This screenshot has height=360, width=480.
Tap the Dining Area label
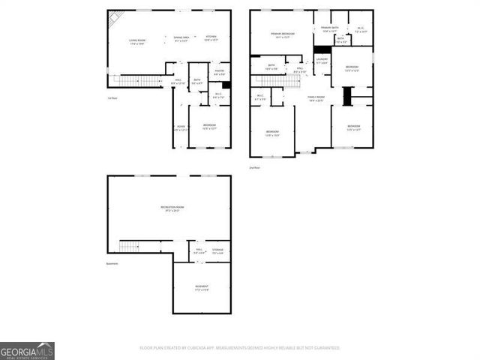pyautogui.click(x=181, y=39)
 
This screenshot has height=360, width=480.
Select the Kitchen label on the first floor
pyautogui.click(x=211, y=39)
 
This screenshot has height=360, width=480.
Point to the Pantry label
pyautogui.click(x=219, y=73)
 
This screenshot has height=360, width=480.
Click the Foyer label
pyautogui.click(x=181, y=128)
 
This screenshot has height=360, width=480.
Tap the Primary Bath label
pyautogui.click(x=331, y=30)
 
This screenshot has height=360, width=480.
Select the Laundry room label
pyautogui.click(x=322, y=60)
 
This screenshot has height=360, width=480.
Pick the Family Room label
pyautogui.click(x=315, y=98)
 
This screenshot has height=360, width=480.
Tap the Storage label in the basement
pyautogui.click(x=217, y=250)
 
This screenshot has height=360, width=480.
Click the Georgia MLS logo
pyautogui.click(x=27, y=350)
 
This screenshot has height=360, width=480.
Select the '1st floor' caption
pyautogui.click(x=112, y=98)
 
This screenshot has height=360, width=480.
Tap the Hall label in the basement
pyautogui.click(x=199, y=250)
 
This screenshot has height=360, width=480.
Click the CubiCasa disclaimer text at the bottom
pyautogui.click(x=240, y=348)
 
